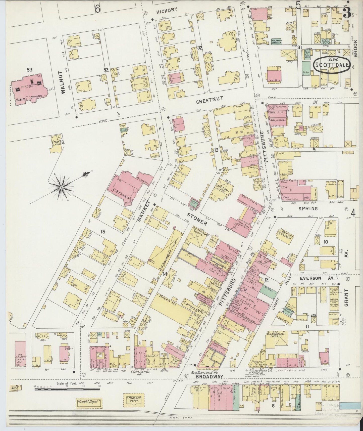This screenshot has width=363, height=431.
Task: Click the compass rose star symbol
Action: pos(61,187)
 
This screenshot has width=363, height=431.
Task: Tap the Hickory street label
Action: pos(167,10)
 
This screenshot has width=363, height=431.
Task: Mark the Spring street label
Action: pos(308,208)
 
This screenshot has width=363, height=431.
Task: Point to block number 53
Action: pos(30,70)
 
